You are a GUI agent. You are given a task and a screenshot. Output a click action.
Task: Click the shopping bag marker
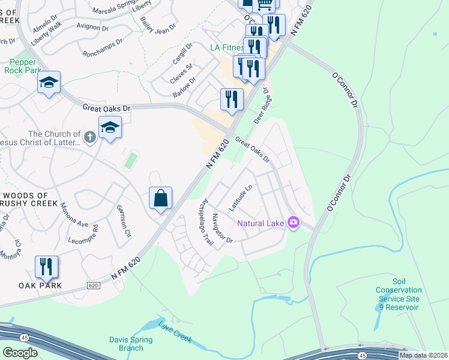pyautogui.click(x=161, y=198)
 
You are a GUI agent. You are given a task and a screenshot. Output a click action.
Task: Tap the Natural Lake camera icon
pyautogui.click(x=294, y=223)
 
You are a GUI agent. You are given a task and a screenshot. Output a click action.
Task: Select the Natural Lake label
pyautogui.click(x=261, y=224)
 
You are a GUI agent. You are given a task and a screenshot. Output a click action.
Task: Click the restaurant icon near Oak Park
pyautogui.click(x=47, y=266)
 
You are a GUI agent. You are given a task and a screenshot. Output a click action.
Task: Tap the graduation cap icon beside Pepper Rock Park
pyautogui.click(x=49, y=83)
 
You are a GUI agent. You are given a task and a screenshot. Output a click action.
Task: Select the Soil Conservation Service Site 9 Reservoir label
pyautogui.click(x=399, y=294)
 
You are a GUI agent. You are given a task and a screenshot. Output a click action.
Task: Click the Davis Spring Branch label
pyautogui.click(x=131, y=344)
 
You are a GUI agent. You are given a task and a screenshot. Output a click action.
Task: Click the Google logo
pyautogui.click(x=20, y=352)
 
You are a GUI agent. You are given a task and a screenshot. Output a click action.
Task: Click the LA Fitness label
pyautogui.click(x=226, y=47)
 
